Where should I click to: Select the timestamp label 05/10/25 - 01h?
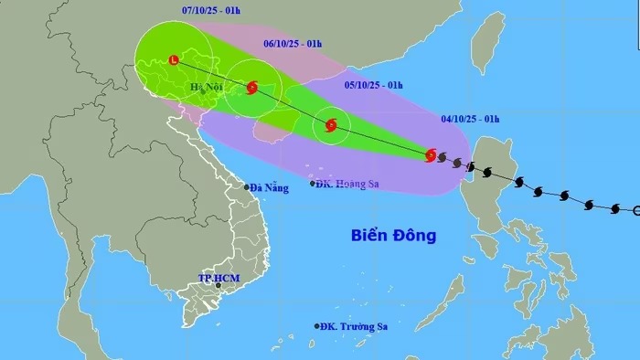(375, 85)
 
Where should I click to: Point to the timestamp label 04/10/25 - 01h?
(468, 117)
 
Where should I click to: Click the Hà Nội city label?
(207, 88)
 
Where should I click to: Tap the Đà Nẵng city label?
(271, 187)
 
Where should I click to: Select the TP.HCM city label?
(217, 277)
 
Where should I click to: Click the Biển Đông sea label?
(393, 236)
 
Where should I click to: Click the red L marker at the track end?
(174, 60)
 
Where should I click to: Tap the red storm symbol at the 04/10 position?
(431, 155)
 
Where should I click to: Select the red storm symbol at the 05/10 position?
(331, 125)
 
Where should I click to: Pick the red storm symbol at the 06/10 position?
(251, 88)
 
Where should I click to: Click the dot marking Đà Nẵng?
(247, 187)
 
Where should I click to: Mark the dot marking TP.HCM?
(218, 286)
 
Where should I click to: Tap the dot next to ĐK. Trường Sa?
(317, 326)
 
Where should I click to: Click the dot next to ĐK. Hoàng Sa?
(313, 184)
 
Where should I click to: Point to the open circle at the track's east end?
(636, 211)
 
